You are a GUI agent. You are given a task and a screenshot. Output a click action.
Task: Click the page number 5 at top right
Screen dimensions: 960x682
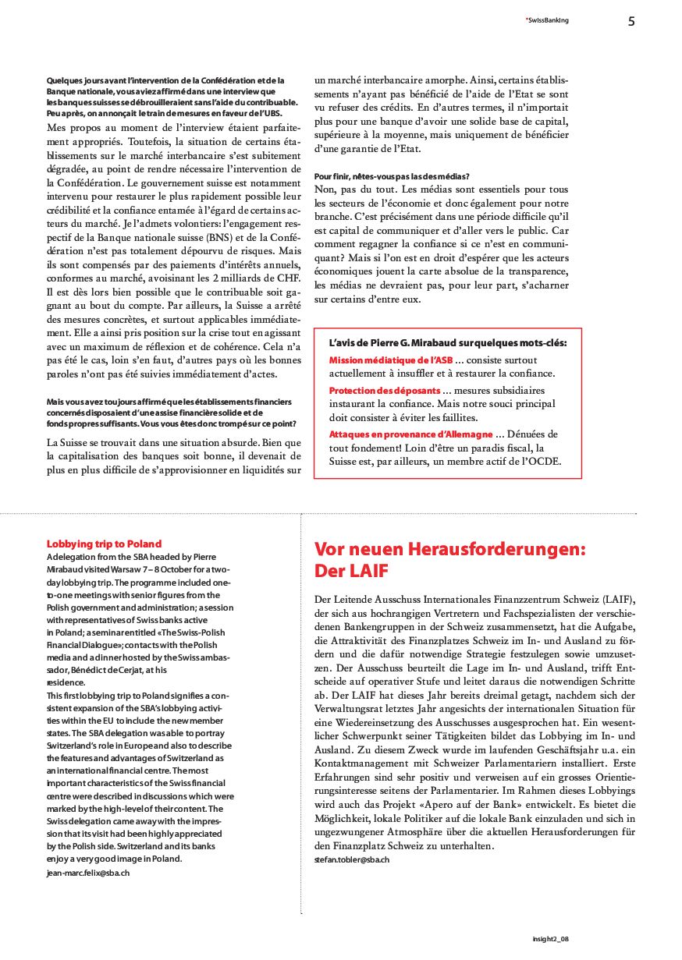(631, 21)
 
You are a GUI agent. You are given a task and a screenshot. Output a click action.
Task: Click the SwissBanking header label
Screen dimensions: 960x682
(547, 20)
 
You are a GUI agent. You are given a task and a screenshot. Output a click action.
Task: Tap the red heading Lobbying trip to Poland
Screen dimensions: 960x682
(104, 544)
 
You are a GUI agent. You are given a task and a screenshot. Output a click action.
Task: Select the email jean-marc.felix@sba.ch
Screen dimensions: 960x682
(88, 873)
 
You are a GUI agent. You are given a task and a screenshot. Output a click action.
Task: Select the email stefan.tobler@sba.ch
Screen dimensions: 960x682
(351, 859)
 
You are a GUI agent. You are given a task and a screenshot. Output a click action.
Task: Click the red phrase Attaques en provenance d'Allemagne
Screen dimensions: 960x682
(410, 434)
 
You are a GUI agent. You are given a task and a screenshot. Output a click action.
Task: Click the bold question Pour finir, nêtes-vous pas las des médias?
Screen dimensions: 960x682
(396, 176)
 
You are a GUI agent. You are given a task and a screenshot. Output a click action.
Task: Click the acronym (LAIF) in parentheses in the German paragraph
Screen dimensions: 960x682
(616, 599)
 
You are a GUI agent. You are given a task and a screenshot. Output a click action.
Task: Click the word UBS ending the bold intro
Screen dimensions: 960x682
(287, 114)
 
